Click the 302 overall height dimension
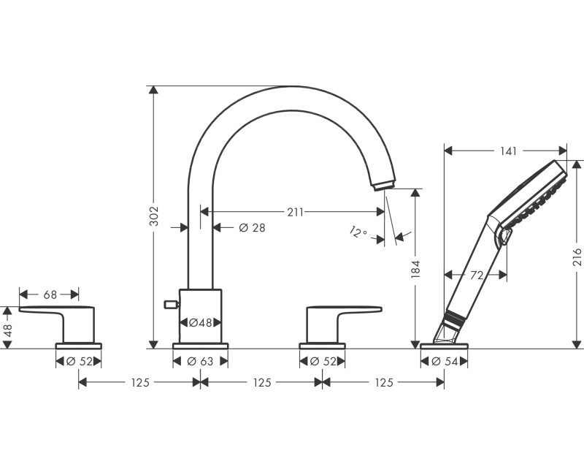(x=154, y=216)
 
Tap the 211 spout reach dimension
(x=295, y=212)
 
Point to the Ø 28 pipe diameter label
(x=252, y=227)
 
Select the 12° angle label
(x=358, y=232)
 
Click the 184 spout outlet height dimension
(x=415, y=269)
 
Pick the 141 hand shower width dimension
(x=508, y=151)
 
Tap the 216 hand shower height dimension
(x=577, y=256)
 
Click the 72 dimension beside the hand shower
(x=477, y=275)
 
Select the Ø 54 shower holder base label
(x=445, y=361)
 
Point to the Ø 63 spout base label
(x=200, y=361)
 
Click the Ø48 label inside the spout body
(x=200, y=322)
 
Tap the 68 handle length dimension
(x=50, y=295)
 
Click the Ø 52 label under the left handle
(x=80, y=361)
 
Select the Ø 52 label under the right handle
(x=323, y=361)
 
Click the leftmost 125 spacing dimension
(x=140, y=382)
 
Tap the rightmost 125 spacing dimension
(x=384, y=382)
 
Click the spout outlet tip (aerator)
(x=384, y=185)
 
